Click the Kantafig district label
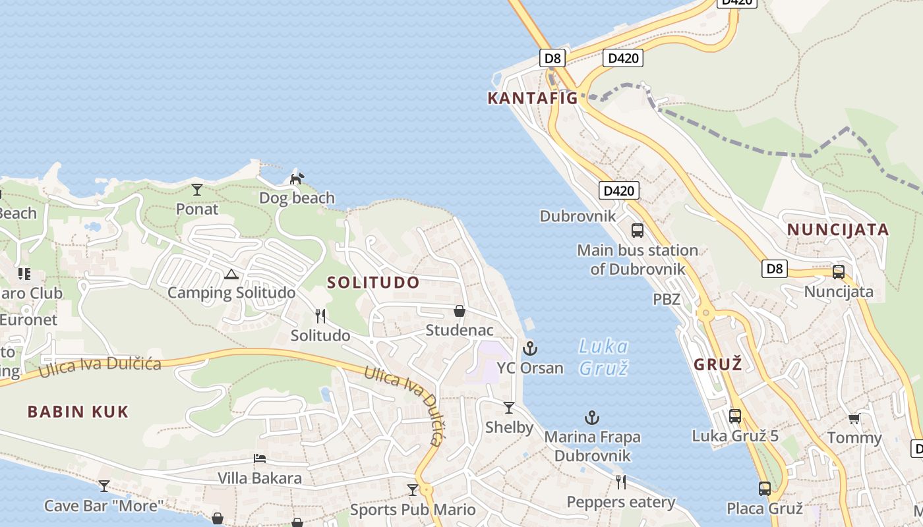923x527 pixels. click(x=532, y=98)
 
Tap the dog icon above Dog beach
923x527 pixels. click(x=297, y=179)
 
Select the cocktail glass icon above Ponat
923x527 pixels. click(x=197, y=190)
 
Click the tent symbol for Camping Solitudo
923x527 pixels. click(x=231, y=274)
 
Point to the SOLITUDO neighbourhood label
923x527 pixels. click(x=373, y=283)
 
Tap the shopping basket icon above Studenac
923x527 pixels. click(x=460, y=311)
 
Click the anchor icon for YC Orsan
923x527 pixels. click(x=530, y=348)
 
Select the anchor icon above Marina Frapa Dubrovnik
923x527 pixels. click(x=592, y=418)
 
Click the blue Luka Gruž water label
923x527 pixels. click(x=603, y=356)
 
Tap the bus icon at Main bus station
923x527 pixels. click(x=638, y=231)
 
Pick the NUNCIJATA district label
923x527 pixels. click(x=838, y=230)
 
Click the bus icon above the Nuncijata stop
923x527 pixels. click(x=839, y=272)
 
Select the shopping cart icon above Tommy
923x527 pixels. click(x=854, y=418)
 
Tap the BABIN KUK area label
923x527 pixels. click(x=78, y=412)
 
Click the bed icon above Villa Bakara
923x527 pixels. click(x=260, y=458)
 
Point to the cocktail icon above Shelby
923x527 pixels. click(x=509, y=408)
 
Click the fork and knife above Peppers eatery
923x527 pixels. click(x=621, y=482)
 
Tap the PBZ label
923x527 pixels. click(x=666, y=300)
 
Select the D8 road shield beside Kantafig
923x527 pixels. click(x=552, y=58)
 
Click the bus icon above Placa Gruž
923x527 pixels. click(x=765, y=489)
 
